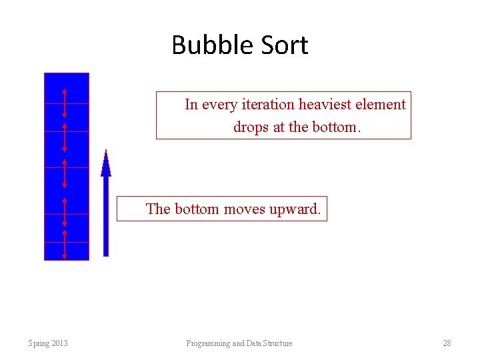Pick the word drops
coord(251,127)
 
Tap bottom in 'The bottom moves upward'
coord(197,209)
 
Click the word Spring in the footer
coord(39,343)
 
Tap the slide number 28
coord(447,343)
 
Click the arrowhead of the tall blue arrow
coord(106,163)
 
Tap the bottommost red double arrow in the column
coord(65,245)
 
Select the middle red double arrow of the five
coord(65,173)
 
